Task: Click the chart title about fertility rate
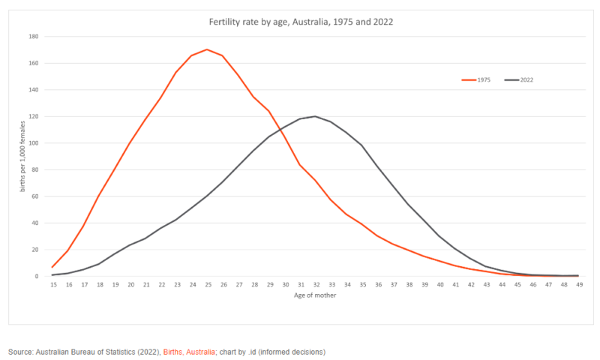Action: [x=300, y=22]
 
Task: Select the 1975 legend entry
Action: [x=475, y=79]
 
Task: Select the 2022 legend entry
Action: [x=518, y=79]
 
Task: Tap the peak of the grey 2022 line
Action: [x=315, y=116]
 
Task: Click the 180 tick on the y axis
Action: [x=34, y=36]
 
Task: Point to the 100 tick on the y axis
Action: [x=34, y=143]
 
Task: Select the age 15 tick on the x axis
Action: [x=52, y=285]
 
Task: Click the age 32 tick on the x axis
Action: [x=315, y=285]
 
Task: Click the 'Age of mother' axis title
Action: [x=315, y=295]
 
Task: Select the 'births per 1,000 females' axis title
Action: [x=23, y=156]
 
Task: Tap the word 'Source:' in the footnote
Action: [x=22, y=351]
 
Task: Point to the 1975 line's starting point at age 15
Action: [x=52, y=267]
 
